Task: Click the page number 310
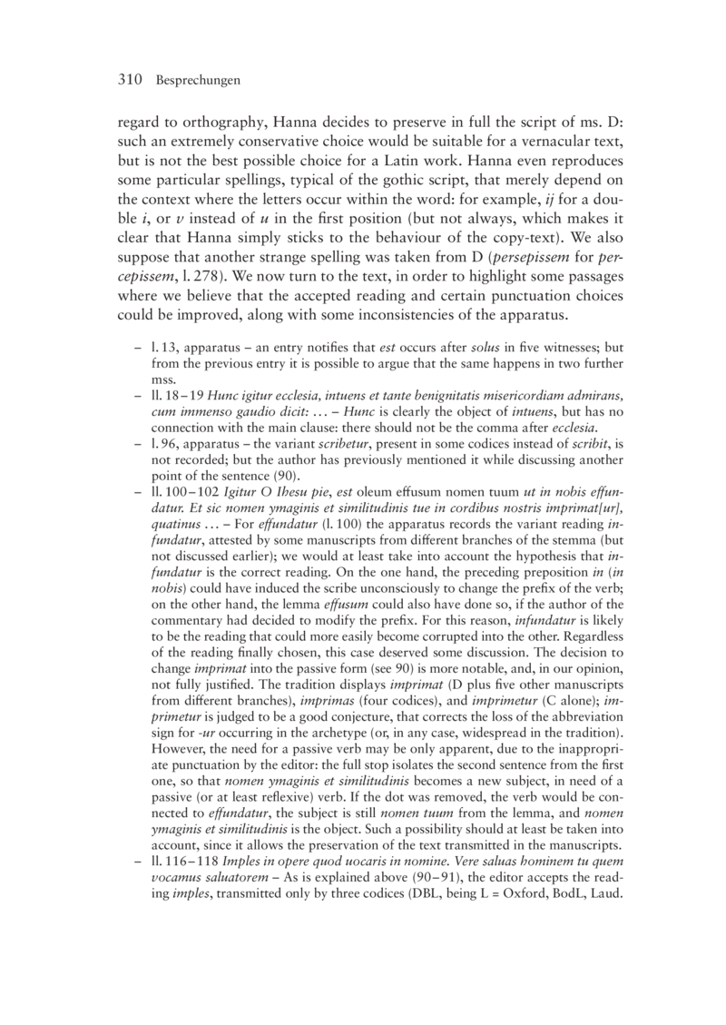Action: pyautogui.click(x=132, y=81)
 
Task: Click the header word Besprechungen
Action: pyautogui.click(x=198, y=82)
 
